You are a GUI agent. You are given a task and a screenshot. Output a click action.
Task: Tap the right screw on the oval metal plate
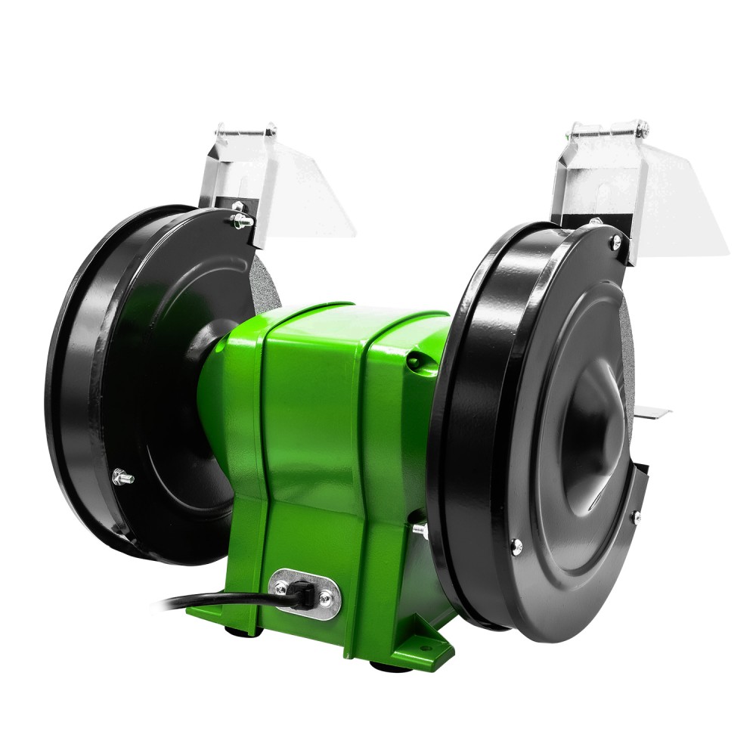324,600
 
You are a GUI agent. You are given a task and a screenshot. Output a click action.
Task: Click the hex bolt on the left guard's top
240,220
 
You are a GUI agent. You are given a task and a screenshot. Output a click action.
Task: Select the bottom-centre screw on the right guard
516,542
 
